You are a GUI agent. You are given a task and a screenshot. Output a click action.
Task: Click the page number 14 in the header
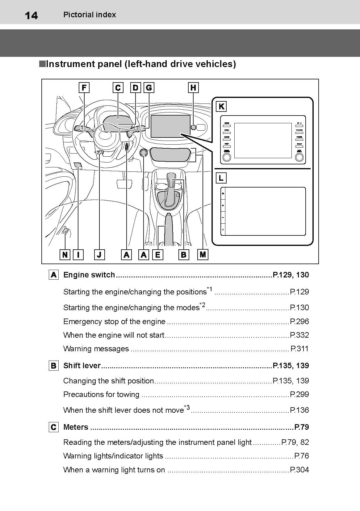(x=31, y=15)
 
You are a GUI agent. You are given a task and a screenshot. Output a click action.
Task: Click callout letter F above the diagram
(x=84, y=88)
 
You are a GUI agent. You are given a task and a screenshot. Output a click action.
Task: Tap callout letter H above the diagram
(x=193, y=88)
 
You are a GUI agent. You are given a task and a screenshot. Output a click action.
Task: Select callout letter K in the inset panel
(x=221, y=107)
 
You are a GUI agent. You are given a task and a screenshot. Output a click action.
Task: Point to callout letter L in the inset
(x=221, y=178)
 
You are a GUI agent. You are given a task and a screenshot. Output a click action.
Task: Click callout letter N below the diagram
(x=65, y=255)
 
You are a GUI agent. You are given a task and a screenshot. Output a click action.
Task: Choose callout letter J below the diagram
(x=99, y=255)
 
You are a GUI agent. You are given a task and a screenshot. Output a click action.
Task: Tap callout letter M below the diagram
(x=203, y=255)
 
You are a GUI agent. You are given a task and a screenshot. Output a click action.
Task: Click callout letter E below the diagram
(x=158, y=255)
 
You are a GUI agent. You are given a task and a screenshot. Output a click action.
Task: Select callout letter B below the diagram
(x=184, y=255)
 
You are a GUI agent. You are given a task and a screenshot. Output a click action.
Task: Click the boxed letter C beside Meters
(x=53, y=427)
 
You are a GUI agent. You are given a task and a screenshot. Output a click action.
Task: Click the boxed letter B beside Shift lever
(x=53, y=366)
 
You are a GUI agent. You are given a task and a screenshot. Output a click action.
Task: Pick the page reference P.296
(x=299, y=322)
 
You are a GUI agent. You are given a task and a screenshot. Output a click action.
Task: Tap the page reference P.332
(x=299, y=335)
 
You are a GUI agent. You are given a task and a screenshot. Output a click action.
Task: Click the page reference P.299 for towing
(x=299, y=395)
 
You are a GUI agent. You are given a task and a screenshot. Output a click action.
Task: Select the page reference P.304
(x=299, y=470)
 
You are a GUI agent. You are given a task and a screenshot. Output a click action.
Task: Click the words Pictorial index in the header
(x=90, y=15)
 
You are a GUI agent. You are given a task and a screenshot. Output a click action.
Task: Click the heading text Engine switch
(x=89, y=275)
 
